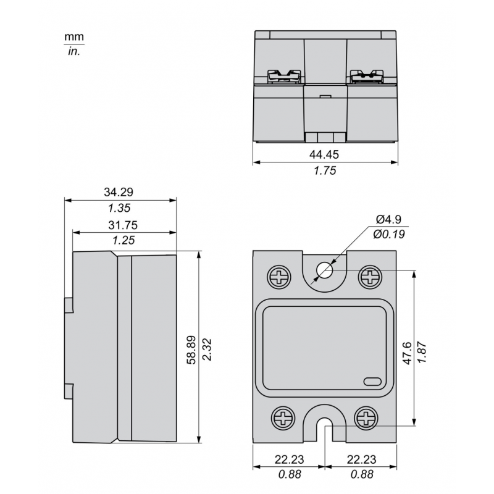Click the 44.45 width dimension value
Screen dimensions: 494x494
324,154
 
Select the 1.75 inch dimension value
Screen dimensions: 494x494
325,170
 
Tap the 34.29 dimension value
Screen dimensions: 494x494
119,192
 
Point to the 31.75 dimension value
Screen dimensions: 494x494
123,225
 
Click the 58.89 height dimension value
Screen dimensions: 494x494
191,350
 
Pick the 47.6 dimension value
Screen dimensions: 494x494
407,353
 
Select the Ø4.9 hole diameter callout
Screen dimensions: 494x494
389,219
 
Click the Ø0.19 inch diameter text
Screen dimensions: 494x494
389,235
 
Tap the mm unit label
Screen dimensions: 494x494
74,37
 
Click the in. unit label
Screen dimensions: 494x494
74,51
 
